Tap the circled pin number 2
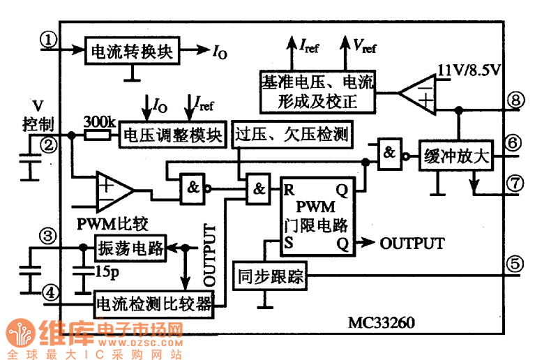click(x=48, y=145)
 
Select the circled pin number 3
click(x=48, y=235)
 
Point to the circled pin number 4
click(x=48, y=291)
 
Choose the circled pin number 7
click(x=515, y=183)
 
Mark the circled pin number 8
click(x=515, y=99)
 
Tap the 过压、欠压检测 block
click(x=292, y=133)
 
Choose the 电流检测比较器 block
click(x=153, y=304)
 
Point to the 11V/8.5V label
click(x=470, y=69)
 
